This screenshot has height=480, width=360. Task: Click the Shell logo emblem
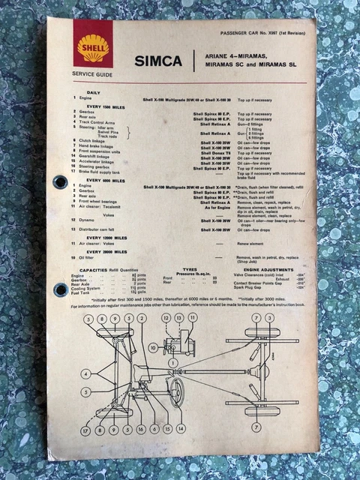[x=92, y=48]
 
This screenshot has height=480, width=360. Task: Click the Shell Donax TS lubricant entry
[x=214, y=151]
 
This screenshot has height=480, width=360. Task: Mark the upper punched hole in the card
[x=61, y=181]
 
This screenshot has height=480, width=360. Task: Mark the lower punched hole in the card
[x=61, y=289]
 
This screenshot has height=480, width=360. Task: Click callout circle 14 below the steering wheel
[x=180, y=428]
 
